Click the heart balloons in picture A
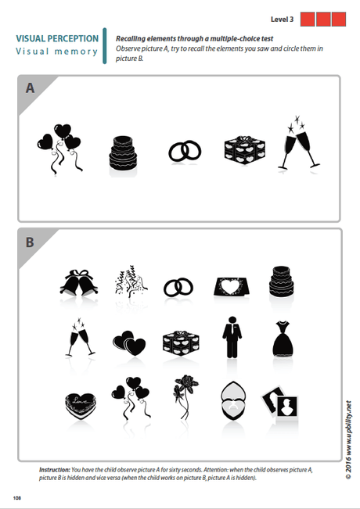(x=59, y=145)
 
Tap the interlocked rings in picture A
(x=184, y=151)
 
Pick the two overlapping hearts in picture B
(x=128, y=341)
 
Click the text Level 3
(x=283, y=18)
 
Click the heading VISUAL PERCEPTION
(x=57, y=38)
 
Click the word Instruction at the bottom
(x=56, y=468)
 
